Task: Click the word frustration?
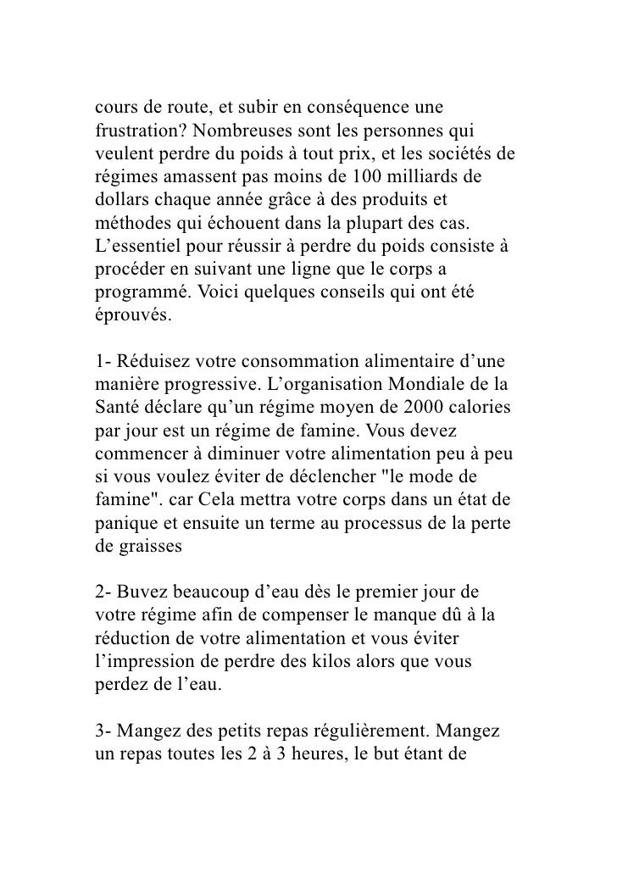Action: pos(136,135)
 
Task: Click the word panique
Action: pos(121,503)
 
